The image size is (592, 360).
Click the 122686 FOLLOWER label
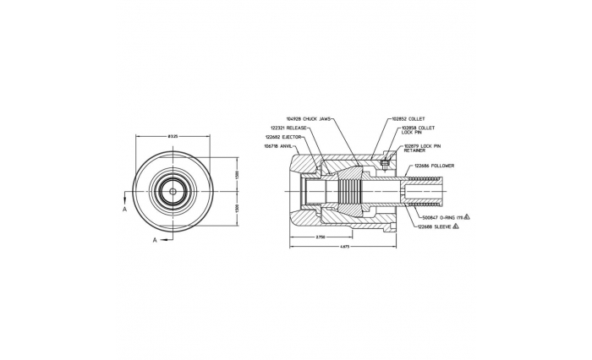[x=434, y=166]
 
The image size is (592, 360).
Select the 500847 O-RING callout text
[x=441, y=217]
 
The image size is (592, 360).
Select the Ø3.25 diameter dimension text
[x=173, y=137]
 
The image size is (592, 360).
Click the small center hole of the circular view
[x=173, y=191]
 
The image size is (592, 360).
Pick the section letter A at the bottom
[x=154, y=240]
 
